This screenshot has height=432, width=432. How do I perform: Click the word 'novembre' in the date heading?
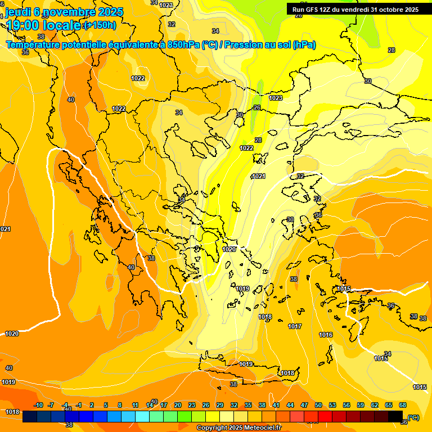click(x=70, y=11)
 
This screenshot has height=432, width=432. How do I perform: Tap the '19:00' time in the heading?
click(x=23, y=25)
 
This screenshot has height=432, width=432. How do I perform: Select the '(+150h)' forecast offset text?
click(x=100, y=25)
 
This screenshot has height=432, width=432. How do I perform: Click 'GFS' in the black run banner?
click(x=312, y=9)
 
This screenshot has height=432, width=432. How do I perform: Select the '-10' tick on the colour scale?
click(x=38, y=405)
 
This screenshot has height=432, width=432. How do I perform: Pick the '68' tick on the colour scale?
click(x=403, y=405)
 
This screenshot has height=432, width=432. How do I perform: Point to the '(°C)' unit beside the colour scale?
click(x=413, y=417)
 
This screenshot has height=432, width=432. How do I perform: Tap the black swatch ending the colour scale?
click(x=395, y=417)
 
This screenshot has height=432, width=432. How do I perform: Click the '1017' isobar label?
click(x=295, y=326)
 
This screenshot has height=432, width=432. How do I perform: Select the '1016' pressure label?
click(x=326, y=335)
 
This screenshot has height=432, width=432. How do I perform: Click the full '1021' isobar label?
click(x=258, y=177)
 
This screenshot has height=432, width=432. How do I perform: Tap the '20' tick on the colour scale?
click(x=178, y=405)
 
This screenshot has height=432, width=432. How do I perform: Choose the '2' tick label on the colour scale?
click(x=92, y=405)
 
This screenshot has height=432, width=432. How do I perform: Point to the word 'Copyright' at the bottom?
click(x=211, y=428)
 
